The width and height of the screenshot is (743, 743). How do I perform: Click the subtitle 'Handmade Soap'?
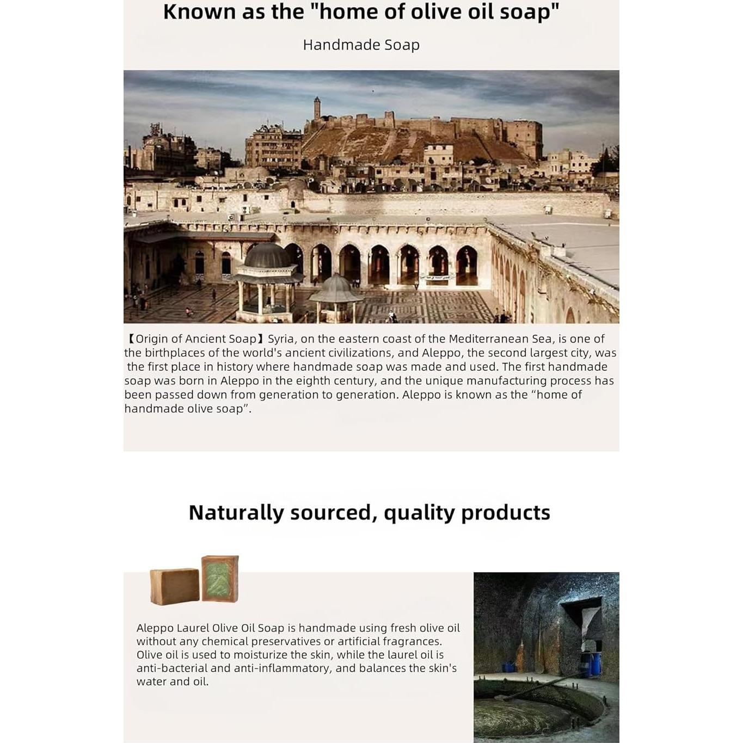pyautogui.click(x=361, y=45)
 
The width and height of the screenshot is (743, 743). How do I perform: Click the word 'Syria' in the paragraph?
pyautogui.click(x=281, y=339)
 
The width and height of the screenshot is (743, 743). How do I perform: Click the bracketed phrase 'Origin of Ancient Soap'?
pyautogui.click(x=195, y=339)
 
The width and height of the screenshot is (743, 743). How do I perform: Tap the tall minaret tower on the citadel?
pyautogui.click(x=317, y=108)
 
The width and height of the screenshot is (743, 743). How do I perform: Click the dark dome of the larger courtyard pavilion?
pyautogui.click(x=267, y=256)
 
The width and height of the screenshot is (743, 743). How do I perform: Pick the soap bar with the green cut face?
pyautogui.click(x=220, y=578)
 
